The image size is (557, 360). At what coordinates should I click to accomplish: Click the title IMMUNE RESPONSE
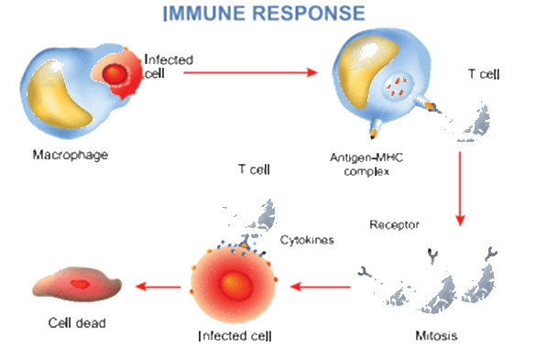[264, 13]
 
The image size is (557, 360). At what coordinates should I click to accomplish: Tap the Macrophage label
[71, 155]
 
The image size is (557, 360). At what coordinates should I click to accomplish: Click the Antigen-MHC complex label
[366, 164]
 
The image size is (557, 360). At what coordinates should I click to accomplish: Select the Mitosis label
[436, 335]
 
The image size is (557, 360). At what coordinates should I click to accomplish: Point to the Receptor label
[394, 224]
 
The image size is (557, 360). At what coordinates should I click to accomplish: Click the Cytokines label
[307, 240]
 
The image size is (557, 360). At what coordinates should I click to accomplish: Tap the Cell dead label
[77, 322]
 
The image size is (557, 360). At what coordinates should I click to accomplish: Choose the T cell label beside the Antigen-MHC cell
[484, 74]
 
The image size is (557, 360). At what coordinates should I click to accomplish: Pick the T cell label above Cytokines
[254, 169]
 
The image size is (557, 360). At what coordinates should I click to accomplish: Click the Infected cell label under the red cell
[235, 336]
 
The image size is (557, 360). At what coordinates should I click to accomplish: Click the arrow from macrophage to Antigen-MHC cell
[250, 72]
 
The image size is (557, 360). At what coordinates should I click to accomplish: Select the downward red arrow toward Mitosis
[460, 189]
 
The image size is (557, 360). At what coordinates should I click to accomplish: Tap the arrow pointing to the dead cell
[158, 286]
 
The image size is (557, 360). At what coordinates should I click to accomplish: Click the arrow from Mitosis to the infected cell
[321, 286]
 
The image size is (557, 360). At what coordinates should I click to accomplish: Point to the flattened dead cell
[77, 284]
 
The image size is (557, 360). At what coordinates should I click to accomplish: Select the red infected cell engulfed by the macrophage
[119, 73]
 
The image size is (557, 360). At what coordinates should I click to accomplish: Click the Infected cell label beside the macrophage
[169, 66]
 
